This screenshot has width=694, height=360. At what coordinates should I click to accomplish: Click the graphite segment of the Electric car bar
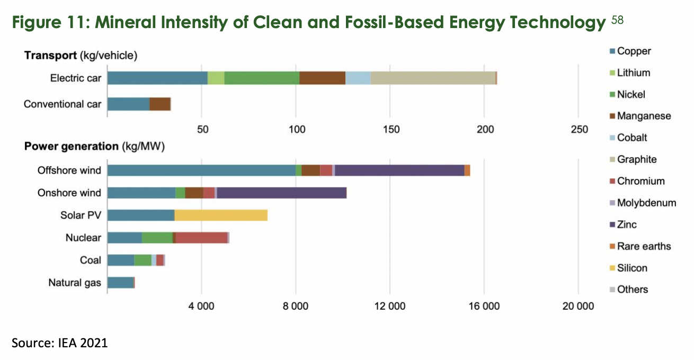[433, 78]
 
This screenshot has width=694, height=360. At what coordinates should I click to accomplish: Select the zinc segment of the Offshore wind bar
[399, 170]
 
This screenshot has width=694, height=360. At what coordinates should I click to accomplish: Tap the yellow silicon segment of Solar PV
[221, 215]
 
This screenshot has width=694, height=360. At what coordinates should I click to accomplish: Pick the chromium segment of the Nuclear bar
[201, 237]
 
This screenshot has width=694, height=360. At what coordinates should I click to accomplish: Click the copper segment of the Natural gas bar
[120, 282]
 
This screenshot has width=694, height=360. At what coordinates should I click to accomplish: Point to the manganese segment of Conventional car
[160, 104]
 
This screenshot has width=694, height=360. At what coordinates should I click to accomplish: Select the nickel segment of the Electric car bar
[262, 78]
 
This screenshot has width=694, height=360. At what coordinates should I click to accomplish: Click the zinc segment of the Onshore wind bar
[281, 192]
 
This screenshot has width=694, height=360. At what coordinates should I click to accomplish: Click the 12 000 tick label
[390, 306]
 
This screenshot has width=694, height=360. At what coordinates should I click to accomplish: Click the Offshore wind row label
[69, 170]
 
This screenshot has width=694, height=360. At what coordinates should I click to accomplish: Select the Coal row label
[90, 260]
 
